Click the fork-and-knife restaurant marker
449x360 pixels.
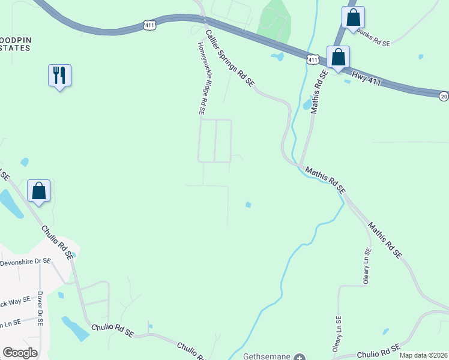(x=59, y=76)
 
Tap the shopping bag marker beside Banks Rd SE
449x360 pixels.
(x=353, y=17)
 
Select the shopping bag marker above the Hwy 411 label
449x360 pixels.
(x=339, y=58)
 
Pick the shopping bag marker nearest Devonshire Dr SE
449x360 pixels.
(x=39, y=191)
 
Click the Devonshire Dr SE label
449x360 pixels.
(x=27, y=262)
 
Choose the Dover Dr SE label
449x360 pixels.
(x=40, y=308)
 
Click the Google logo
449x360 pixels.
(x=20, y=353)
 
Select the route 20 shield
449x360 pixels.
(x=444, y=96)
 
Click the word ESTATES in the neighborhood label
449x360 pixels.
(x=15, y=47)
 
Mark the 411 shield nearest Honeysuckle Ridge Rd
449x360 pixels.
(x=150, y=25)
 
